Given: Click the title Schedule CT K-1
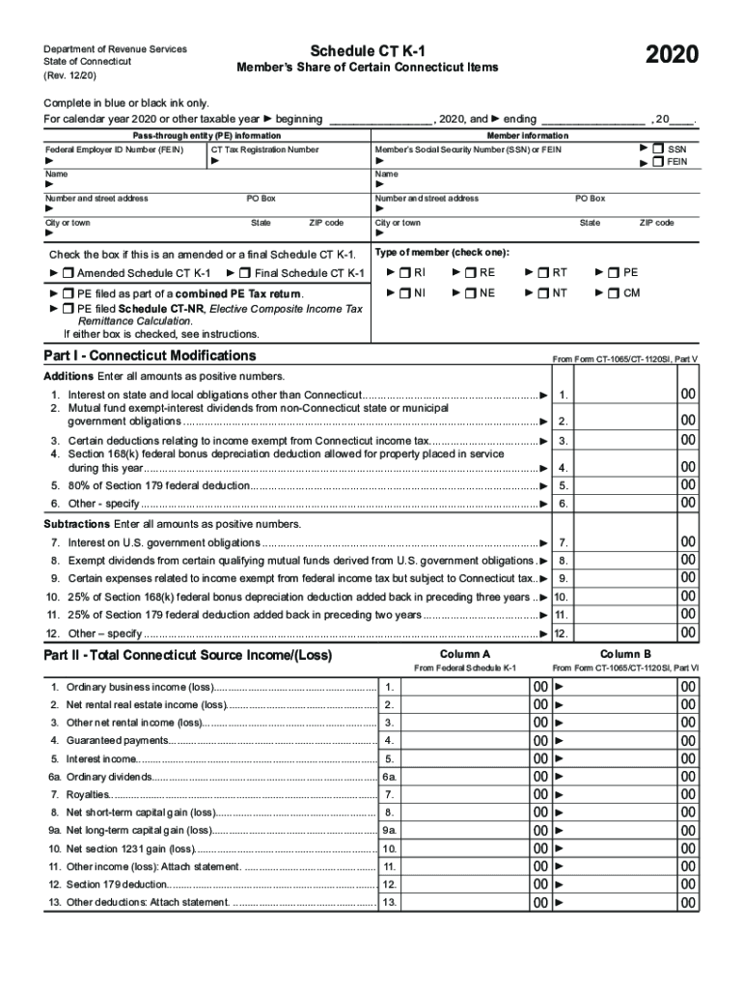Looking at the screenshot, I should tap(367, 50).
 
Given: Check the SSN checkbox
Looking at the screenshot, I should tap(658, 150).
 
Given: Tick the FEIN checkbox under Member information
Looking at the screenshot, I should tap(658, 162).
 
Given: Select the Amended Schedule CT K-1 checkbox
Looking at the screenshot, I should tap(68, 273).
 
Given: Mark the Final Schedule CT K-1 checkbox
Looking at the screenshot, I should tap(245, 273).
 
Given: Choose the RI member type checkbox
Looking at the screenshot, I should tap(405, 273).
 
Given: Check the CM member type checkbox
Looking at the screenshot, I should tap(615, 293).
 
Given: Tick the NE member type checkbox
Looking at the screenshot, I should tap(471, 293).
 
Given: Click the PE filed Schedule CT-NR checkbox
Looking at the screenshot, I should tap(68, 309).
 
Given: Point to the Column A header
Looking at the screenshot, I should tap(465, 654).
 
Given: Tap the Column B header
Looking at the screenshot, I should tap(625, 654).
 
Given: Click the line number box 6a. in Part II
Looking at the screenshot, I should tap(389, 777).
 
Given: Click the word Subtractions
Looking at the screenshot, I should tap(76, 524).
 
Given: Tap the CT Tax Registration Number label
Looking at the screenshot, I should tap(264, 150).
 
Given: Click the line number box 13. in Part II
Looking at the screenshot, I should tap(389, 902).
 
